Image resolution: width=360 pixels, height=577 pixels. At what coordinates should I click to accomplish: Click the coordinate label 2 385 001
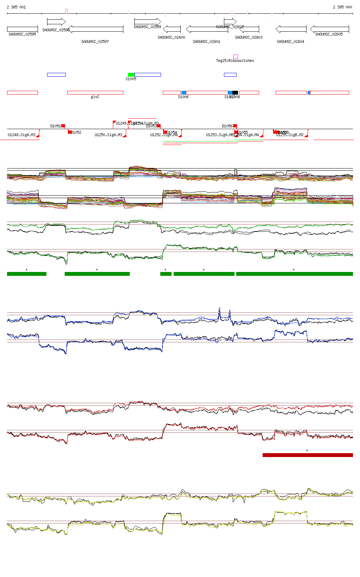[x=16, y=7]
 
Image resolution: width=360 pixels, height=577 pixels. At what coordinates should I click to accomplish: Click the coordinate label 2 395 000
[x=342, y=7]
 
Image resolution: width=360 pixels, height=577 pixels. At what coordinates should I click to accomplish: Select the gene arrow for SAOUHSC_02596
[x=56, y=22]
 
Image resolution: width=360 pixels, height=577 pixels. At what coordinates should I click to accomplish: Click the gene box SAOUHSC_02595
[x=22, y=29]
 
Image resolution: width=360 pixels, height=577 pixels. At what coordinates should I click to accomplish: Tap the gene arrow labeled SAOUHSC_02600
[x=172, y=29]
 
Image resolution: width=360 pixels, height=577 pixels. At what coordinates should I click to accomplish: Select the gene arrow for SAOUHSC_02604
[x=291, y=29]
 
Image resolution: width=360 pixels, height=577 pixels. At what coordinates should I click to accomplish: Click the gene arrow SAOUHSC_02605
[x=329, y=29]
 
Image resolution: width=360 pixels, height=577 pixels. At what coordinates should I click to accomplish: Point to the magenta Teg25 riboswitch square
[x=236, y=57]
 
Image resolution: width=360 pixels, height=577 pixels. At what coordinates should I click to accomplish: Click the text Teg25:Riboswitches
[x=235, y=61]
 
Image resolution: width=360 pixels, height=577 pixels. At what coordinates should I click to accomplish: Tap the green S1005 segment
[x=131, y=75]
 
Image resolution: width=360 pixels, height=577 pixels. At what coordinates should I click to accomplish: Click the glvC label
[x=95, y=97]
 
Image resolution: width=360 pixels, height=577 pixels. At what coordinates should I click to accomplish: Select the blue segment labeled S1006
[x=184, y=93]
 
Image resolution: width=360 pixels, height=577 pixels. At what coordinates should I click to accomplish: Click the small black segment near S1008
[x=235, y=93]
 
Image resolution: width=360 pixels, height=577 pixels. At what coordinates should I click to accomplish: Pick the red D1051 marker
[x=63, y=126]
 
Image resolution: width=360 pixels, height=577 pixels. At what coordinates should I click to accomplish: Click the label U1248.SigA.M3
[x=21, y=135]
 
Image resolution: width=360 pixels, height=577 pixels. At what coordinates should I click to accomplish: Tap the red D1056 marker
[x=235, y=126]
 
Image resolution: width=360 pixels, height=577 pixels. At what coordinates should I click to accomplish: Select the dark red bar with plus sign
[x=308, y=455]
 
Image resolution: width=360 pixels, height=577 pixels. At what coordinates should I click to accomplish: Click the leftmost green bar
[x=27, y=274]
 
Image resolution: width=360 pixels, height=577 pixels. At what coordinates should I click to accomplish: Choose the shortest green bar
[x=166, y=274]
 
